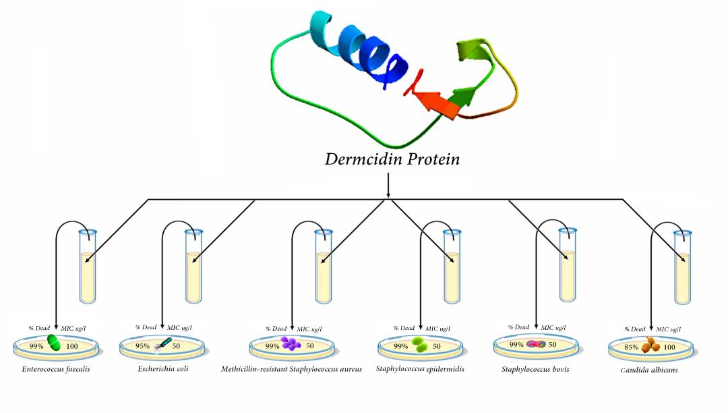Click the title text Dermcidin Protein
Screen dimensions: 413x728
coord(384,159)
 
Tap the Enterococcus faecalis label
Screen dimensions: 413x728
coord(57,369)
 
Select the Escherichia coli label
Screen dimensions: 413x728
coord(162,369)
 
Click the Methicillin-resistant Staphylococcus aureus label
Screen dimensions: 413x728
coord(291,369)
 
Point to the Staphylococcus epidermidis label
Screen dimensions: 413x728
coord(421,369)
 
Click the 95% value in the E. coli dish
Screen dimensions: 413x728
coord(142,346)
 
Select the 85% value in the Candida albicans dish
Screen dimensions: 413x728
coord(632,347)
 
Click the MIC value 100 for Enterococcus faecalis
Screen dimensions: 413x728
coord(72,346)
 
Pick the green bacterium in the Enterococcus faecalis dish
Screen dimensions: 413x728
coord(53,345)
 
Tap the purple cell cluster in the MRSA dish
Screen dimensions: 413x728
coord(291,344)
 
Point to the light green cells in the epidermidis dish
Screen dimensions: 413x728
coord(419,345)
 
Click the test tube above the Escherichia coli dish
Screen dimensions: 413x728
coord(193,267)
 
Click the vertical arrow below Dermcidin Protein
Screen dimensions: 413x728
coord(388,186)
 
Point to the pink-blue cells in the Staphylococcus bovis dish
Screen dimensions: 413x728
coord(536,344)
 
